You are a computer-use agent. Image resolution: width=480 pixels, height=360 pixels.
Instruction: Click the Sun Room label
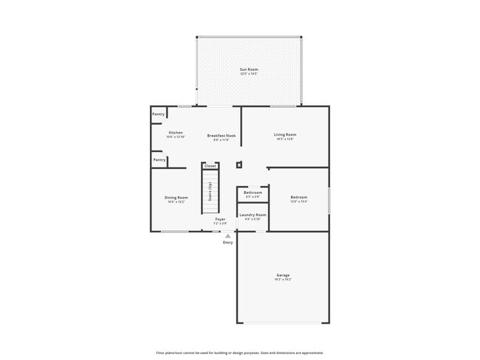click(x=249, y=69)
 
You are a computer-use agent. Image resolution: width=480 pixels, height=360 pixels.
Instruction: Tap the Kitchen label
click(x=176, y=133)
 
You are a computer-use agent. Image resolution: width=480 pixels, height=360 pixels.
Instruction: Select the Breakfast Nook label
click(x=222, y=136)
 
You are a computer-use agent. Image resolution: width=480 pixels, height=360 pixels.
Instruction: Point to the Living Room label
click(x=285, y=134)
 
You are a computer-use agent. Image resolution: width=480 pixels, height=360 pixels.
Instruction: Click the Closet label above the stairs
click(x=210, y=166)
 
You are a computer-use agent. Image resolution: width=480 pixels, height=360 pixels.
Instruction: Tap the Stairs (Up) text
click(x=210, y=192)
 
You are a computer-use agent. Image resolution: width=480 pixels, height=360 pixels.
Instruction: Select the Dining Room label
click(x=176, y=197)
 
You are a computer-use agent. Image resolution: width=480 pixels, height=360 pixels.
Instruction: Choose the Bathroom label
click(x=253, y=193)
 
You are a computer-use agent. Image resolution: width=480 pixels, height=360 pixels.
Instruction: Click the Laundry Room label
click(x=253, y=215)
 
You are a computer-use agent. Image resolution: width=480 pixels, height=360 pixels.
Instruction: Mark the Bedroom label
click(x=298, y=197)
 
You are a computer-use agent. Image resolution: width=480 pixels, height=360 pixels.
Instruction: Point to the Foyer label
click(x=220, y=219)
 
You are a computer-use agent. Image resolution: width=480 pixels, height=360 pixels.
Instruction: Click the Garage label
click(x=283, y=275)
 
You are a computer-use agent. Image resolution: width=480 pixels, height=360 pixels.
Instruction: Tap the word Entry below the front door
click(x=227, y=242)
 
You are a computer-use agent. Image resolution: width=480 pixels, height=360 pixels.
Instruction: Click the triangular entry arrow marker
click(x=227, y=236)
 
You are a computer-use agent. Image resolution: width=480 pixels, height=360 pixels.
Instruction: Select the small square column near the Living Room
click(x=239, y=165)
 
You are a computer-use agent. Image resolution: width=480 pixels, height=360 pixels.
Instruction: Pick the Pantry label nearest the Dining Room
click(x=159, y=159)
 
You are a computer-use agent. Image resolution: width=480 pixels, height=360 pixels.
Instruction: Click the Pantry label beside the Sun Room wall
click(x=158, y=114)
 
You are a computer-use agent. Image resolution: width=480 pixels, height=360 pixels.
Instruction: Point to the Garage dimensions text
click(x=283, y=280)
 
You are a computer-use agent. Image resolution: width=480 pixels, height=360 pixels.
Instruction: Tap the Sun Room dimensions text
click(x=249, y=74)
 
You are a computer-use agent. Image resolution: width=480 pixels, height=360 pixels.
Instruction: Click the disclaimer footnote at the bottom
click(x=239, y=353)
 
